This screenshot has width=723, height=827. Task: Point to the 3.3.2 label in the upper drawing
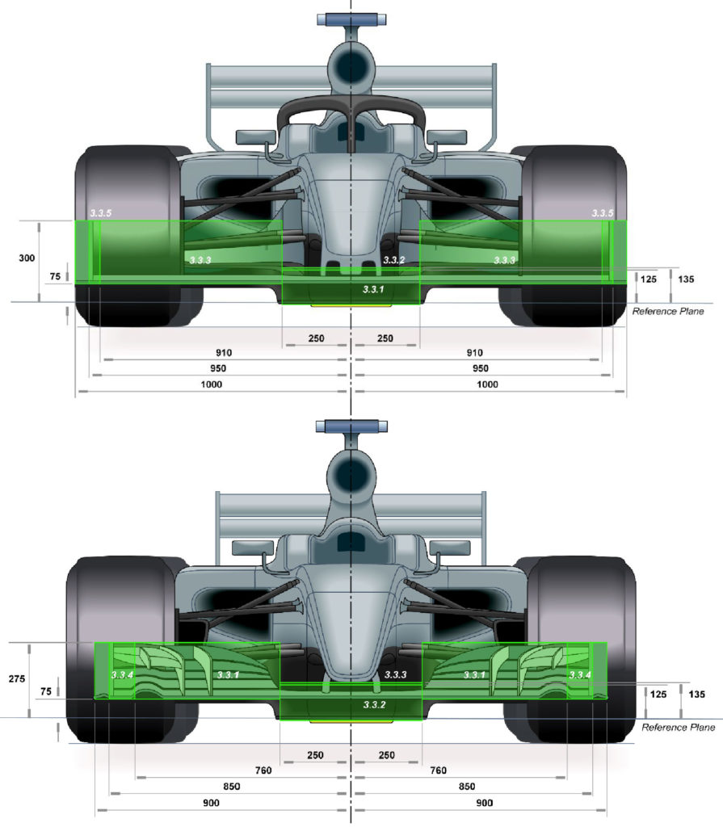(393, 260)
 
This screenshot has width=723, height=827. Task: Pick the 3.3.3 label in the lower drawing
(395, 674)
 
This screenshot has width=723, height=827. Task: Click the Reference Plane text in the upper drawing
(668, 311)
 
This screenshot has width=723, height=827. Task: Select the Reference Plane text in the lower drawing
(678, 728)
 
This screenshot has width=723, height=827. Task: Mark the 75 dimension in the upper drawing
(54, 276)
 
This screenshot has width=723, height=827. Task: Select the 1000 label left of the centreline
(214, 385)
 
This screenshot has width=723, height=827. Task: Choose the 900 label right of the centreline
(486, 803)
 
